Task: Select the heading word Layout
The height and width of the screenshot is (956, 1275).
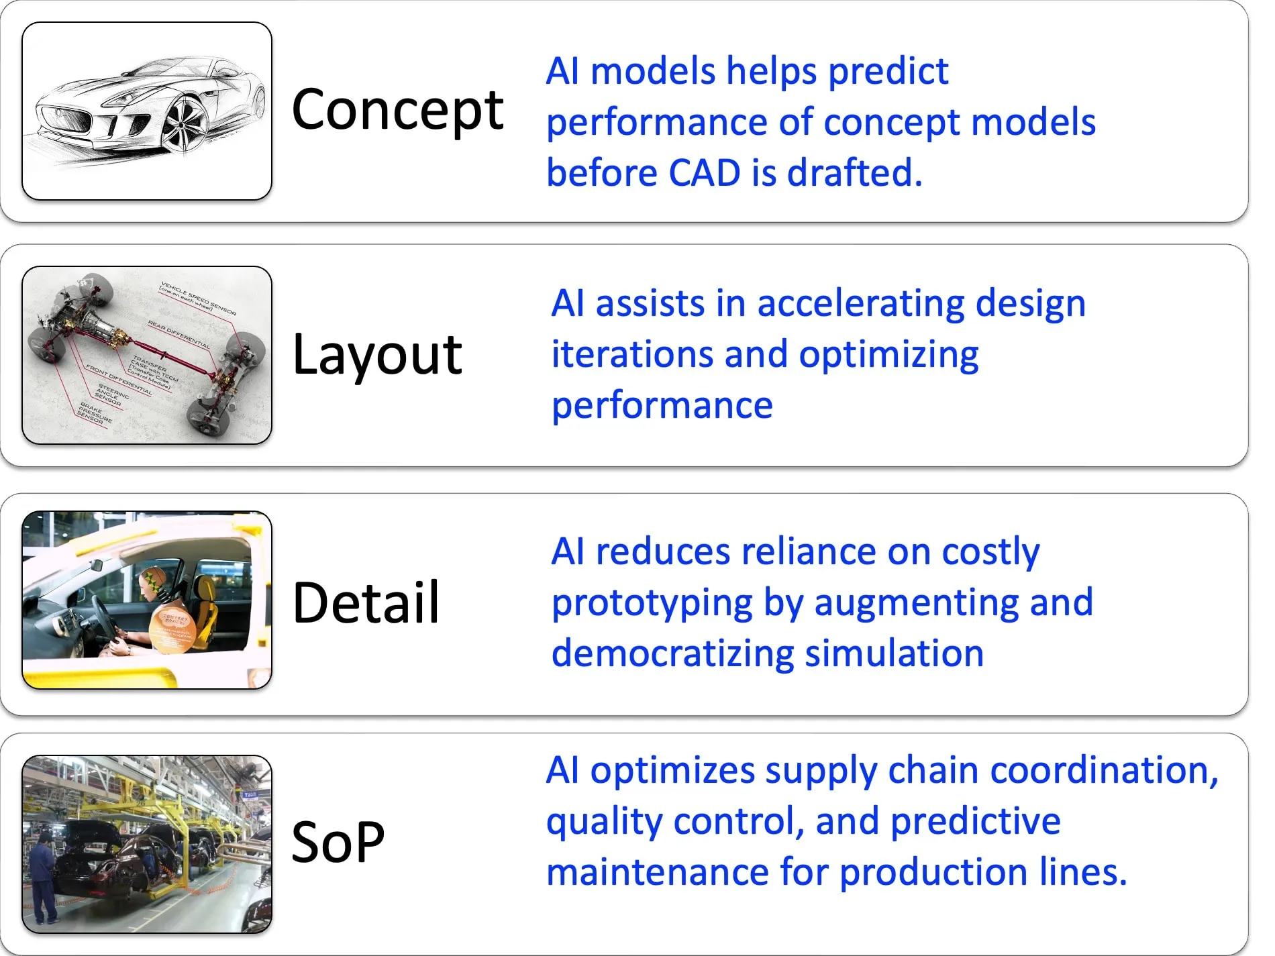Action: [x=377, y=356]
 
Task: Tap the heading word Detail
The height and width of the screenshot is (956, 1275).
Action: [x=366, y=603]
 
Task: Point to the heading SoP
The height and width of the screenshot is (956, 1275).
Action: [x=338, y=843]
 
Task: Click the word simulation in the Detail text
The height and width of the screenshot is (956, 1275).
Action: [x=894, y=654]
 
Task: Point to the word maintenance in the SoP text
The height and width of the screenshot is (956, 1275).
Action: [x=657, y=872]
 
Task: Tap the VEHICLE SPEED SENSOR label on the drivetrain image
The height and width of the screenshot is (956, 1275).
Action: [x=198, y=298]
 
